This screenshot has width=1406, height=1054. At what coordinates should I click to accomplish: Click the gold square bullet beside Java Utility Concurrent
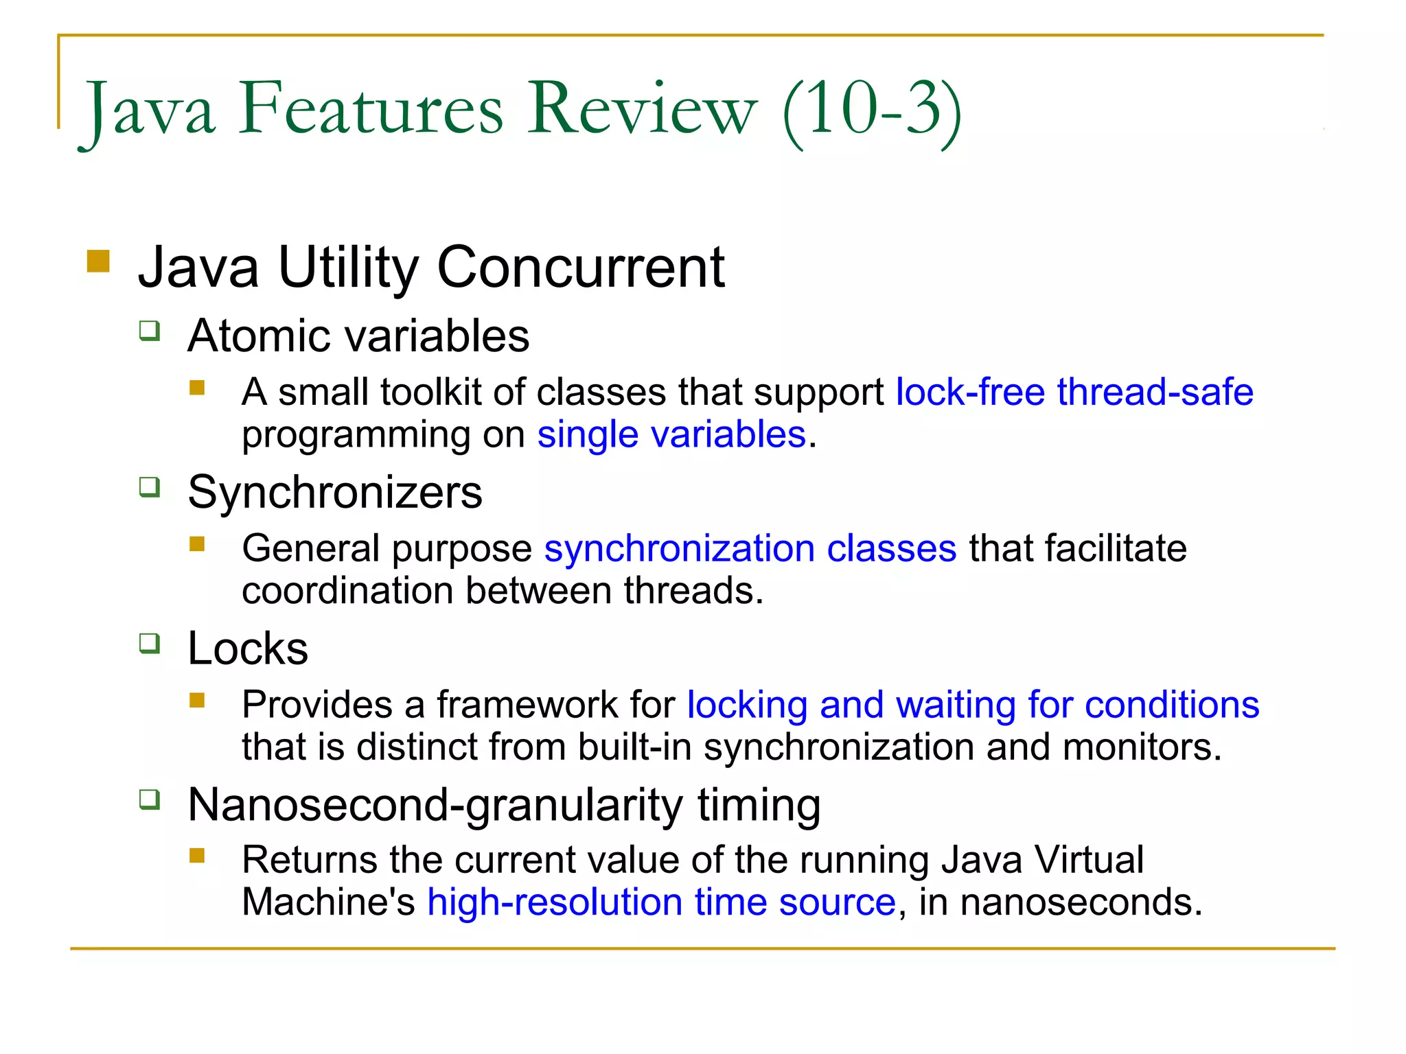(99, 261)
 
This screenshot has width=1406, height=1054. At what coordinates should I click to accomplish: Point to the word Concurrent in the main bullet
(581, 268)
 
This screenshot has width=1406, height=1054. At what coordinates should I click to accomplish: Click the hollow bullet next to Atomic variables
(150, 331)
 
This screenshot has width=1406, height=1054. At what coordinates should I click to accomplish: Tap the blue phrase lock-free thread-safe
(1074, 393)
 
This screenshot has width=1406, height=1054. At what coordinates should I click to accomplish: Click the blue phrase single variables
(671, 435)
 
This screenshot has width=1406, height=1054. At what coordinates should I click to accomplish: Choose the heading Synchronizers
(335, 493)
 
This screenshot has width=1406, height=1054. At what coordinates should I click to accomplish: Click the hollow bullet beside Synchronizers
(150, 487)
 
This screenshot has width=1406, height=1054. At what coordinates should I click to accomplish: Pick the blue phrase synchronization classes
(750, 549)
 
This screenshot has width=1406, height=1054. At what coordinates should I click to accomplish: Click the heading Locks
(248, 648)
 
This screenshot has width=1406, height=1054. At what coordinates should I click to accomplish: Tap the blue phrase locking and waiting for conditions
(973, 705)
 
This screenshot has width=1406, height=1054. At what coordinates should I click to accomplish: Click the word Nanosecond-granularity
(435, 805)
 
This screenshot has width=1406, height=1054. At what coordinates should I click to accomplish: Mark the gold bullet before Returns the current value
(198, 856)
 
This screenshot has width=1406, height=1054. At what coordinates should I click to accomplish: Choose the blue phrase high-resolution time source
(661, 902)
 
